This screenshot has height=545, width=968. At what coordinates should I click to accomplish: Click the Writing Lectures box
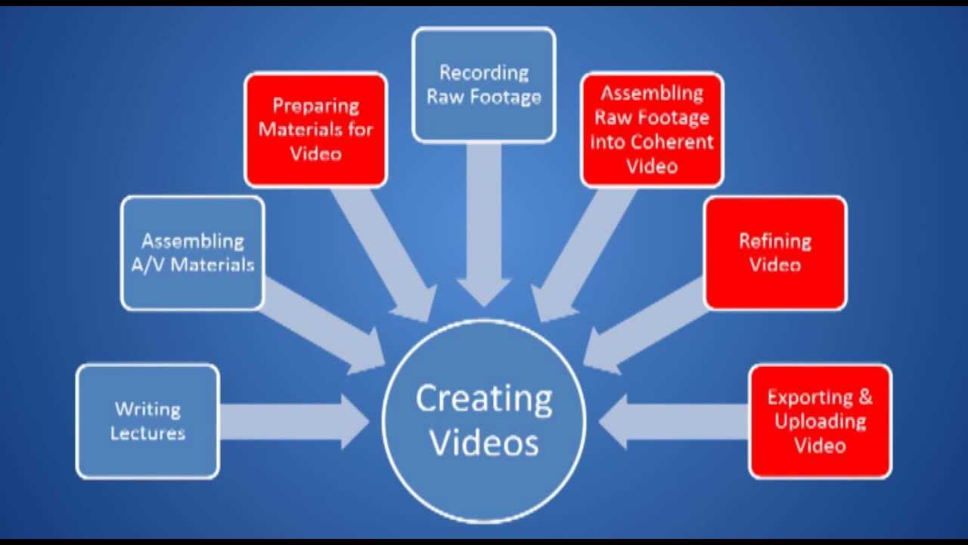coord(147,421)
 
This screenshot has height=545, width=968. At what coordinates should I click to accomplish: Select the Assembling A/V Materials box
coord(192,253)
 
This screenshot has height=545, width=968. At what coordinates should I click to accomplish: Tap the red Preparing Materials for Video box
coord(315,129)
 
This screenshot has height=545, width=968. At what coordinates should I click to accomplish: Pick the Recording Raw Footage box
coord(484,84)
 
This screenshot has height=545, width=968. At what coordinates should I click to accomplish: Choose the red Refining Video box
coord(775,253)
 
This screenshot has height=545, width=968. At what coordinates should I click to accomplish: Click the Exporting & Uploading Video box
coord(820,421)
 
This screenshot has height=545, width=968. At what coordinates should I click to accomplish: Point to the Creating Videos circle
coord(484,421)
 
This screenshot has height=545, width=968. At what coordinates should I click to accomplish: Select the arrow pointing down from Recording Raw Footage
coord(484,220)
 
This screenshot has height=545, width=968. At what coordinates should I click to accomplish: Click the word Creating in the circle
coord(484,399)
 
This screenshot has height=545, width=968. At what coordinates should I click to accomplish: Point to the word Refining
coord(775,241)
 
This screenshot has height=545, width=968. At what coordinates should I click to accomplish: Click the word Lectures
coord(147,434)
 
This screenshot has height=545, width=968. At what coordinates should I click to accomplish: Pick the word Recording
coord(484,73)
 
